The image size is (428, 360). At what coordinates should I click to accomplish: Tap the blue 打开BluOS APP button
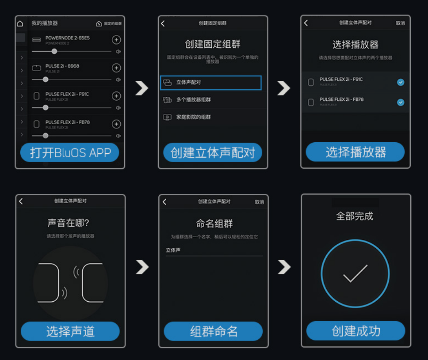pyautogui.click(x=69, y=153)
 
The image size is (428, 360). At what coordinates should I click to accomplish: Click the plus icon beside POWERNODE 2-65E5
pyautogui.click(x=116, y=40)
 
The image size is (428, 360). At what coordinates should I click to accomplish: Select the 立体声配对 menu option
pyautogui.click(x=210, y=83)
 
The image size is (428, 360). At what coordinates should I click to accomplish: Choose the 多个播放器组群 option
pyautogui.click(x=193, y=100)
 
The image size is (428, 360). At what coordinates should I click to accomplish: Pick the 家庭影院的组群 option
pyautogui.click(x=193, y=117)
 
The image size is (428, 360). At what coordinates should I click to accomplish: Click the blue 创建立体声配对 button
pyautogui.click(x=213, y=153)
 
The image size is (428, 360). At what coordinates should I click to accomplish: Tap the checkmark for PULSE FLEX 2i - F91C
pyautogui.click(x=401, y=82)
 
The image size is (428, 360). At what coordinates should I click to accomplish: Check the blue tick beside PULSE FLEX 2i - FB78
pyautogui.click(x=401, y=102)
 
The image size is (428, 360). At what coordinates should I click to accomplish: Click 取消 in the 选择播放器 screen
pyautogui.click(x=400, y=23)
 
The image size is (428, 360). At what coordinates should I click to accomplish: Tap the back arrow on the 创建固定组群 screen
pyautogui.click(x=163, y=23)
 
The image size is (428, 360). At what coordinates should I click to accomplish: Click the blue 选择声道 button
pyautogui.click(x=70, y=331)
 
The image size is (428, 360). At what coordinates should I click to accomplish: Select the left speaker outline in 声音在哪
pyautogui.click(x=49, y=283)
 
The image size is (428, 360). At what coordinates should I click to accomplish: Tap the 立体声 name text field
pyautogui.click(x=214, y=250)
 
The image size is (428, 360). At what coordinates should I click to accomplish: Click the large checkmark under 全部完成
pyautogui.click(x=355, y=274)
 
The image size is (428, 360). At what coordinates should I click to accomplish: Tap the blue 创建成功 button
pyautogui.click(x=355, y=331)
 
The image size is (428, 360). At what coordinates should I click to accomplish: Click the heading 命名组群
pyautogui.click(x=214, y=224)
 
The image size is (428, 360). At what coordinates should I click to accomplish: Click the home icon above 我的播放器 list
pyautogui.click(x=20, y=23)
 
